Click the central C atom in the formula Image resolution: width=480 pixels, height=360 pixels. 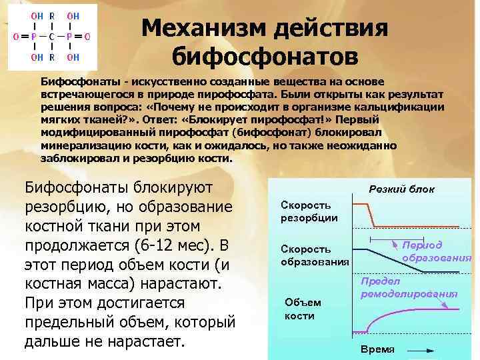51,36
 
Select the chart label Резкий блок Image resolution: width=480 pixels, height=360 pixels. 401,189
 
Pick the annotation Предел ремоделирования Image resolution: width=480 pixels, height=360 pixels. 409,287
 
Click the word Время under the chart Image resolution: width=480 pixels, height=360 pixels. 377,349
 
